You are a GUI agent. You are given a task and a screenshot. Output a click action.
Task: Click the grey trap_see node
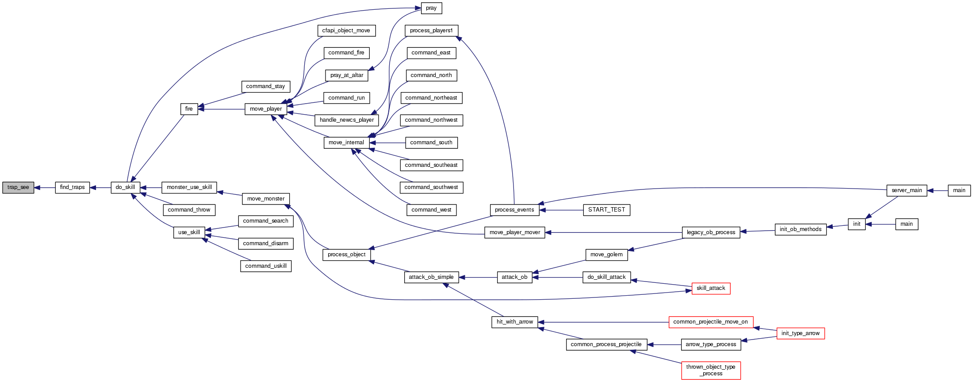tap(18, 188)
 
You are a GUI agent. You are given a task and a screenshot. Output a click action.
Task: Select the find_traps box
tap(72, 188)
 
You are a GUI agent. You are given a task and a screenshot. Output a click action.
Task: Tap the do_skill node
tap(125, 188)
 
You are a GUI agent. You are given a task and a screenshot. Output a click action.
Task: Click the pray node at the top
tap(431, 8)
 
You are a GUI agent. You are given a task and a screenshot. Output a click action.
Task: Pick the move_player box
tap(266, 109)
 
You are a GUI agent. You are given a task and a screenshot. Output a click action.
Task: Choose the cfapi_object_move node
tap(346, 31)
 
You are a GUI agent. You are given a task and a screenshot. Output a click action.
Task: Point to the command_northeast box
tap(431, 98)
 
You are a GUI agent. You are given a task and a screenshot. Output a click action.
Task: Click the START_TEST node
tap(606, 210)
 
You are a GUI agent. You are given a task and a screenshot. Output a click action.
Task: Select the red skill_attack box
tap(711, 289)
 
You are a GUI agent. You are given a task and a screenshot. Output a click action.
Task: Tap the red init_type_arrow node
tap(801, 333)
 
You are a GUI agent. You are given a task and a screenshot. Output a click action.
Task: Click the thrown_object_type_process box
tap(711, 370)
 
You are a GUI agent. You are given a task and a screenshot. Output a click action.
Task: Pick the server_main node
tap(907, 190)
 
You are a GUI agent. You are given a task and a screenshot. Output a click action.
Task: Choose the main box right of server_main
tap(959, 190)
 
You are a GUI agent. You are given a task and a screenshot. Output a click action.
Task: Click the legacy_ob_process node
tap(711, 232)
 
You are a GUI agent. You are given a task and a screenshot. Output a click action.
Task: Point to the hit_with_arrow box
tap(514, 322)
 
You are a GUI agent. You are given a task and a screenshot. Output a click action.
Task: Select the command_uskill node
tap(266, 266)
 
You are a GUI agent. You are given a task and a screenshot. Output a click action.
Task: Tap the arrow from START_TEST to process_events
tap(562, 210)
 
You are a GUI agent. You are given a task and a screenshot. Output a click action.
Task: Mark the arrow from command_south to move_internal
tap(387, 143)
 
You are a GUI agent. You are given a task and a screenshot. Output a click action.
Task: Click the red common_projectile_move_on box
tap(710, 322)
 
